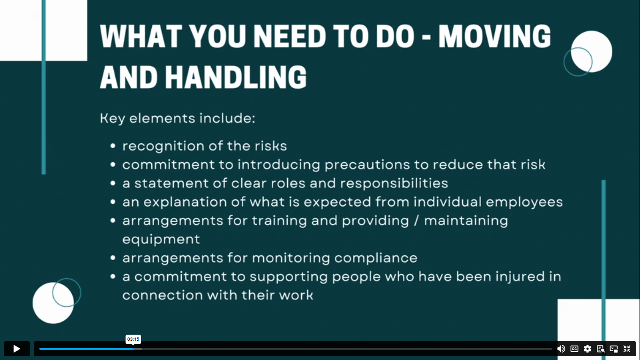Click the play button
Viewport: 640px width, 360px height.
click(16, 349)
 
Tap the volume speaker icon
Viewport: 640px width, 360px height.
click(561, 349)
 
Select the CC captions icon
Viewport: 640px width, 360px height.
click(574, 349)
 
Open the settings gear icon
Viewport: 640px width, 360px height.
click(588, 349)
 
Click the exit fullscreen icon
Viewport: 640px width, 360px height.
click(627, 349)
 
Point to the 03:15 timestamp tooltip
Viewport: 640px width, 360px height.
click(133, 339)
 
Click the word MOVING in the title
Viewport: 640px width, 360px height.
click(494, 36)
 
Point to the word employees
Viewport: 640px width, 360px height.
click(524, 202)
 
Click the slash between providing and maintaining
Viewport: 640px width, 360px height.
click(417, 220)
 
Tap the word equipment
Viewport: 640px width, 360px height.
click(161, 240)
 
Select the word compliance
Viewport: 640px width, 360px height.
click(376, 258)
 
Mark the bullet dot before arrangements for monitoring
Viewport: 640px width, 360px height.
click(113, 258)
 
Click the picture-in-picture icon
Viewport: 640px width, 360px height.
click(614, 349)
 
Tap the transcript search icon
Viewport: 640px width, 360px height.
click(601, 349)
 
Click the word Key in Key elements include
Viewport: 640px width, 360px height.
click(112, 119)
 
